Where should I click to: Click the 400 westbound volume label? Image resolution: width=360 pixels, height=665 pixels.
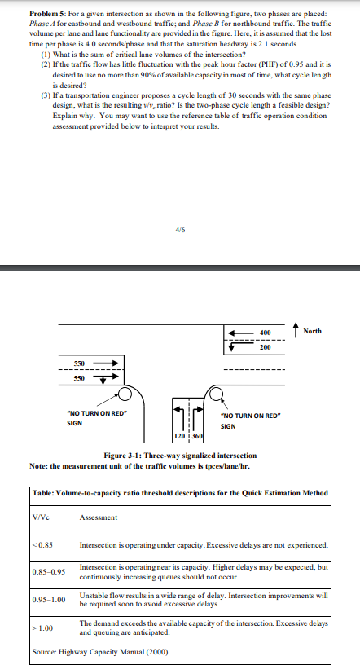[264, 332]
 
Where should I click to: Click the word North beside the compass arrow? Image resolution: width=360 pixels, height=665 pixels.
[311, 331]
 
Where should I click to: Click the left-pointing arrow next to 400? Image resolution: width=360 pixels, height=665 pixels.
[239, 332]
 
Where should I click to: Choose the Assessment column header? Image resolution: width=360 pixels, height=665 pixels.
[99, 517]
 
